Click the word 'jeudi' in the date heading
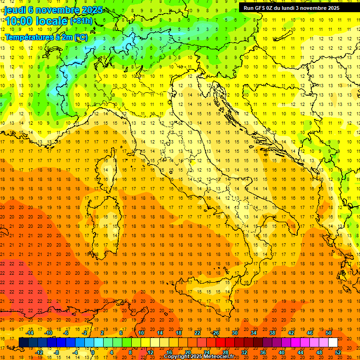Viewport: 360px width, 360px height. click(15, 10)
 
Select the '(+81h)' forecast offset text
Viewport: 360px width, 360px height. click(81, 21)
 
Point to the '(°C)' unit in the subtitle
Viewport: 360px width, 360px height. click(81, 37)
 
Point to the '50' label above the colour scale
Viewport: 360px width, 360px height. click(329, 333)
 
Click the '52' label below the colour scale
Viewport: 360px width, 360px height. click(338, 352)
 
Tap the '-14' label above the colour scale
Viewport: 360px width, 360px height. click(30, 333)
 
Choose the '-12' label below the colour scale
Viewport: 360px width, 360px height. click(39, 352)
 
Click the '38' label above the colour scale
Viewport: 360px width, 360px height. click(272, 333)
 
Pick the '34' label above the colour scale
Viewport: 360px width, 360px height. click(253, 333)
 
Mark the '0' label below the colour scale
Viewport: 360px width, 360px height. click(93, 352)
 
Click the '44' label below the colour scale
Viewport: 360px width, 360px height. click(300, 352)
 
